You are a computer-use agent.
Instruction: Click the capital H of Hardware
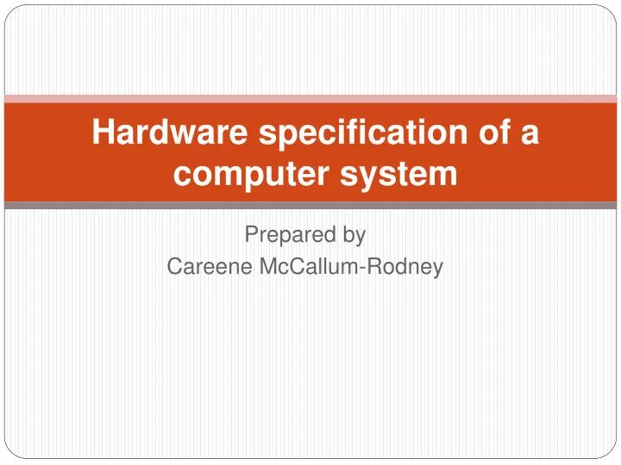coord(103,133)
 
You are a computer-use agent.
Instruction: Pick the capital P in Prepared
coord(252,233)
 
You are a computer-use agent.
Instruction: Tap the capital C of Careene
coord(174,267)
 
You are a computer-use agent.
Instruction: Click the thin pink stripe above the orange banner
coord(310,98)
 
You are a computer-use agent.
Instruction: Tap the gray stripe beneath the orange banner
coord(310,206)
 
